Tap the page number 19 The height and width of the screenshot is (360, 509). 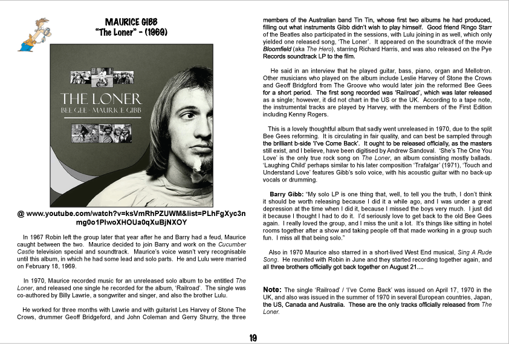[253, 338]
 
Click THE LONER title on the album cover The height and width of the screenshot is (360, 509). [101, 99]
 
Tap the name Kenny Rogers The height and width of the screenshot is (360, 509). [310, 114]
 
